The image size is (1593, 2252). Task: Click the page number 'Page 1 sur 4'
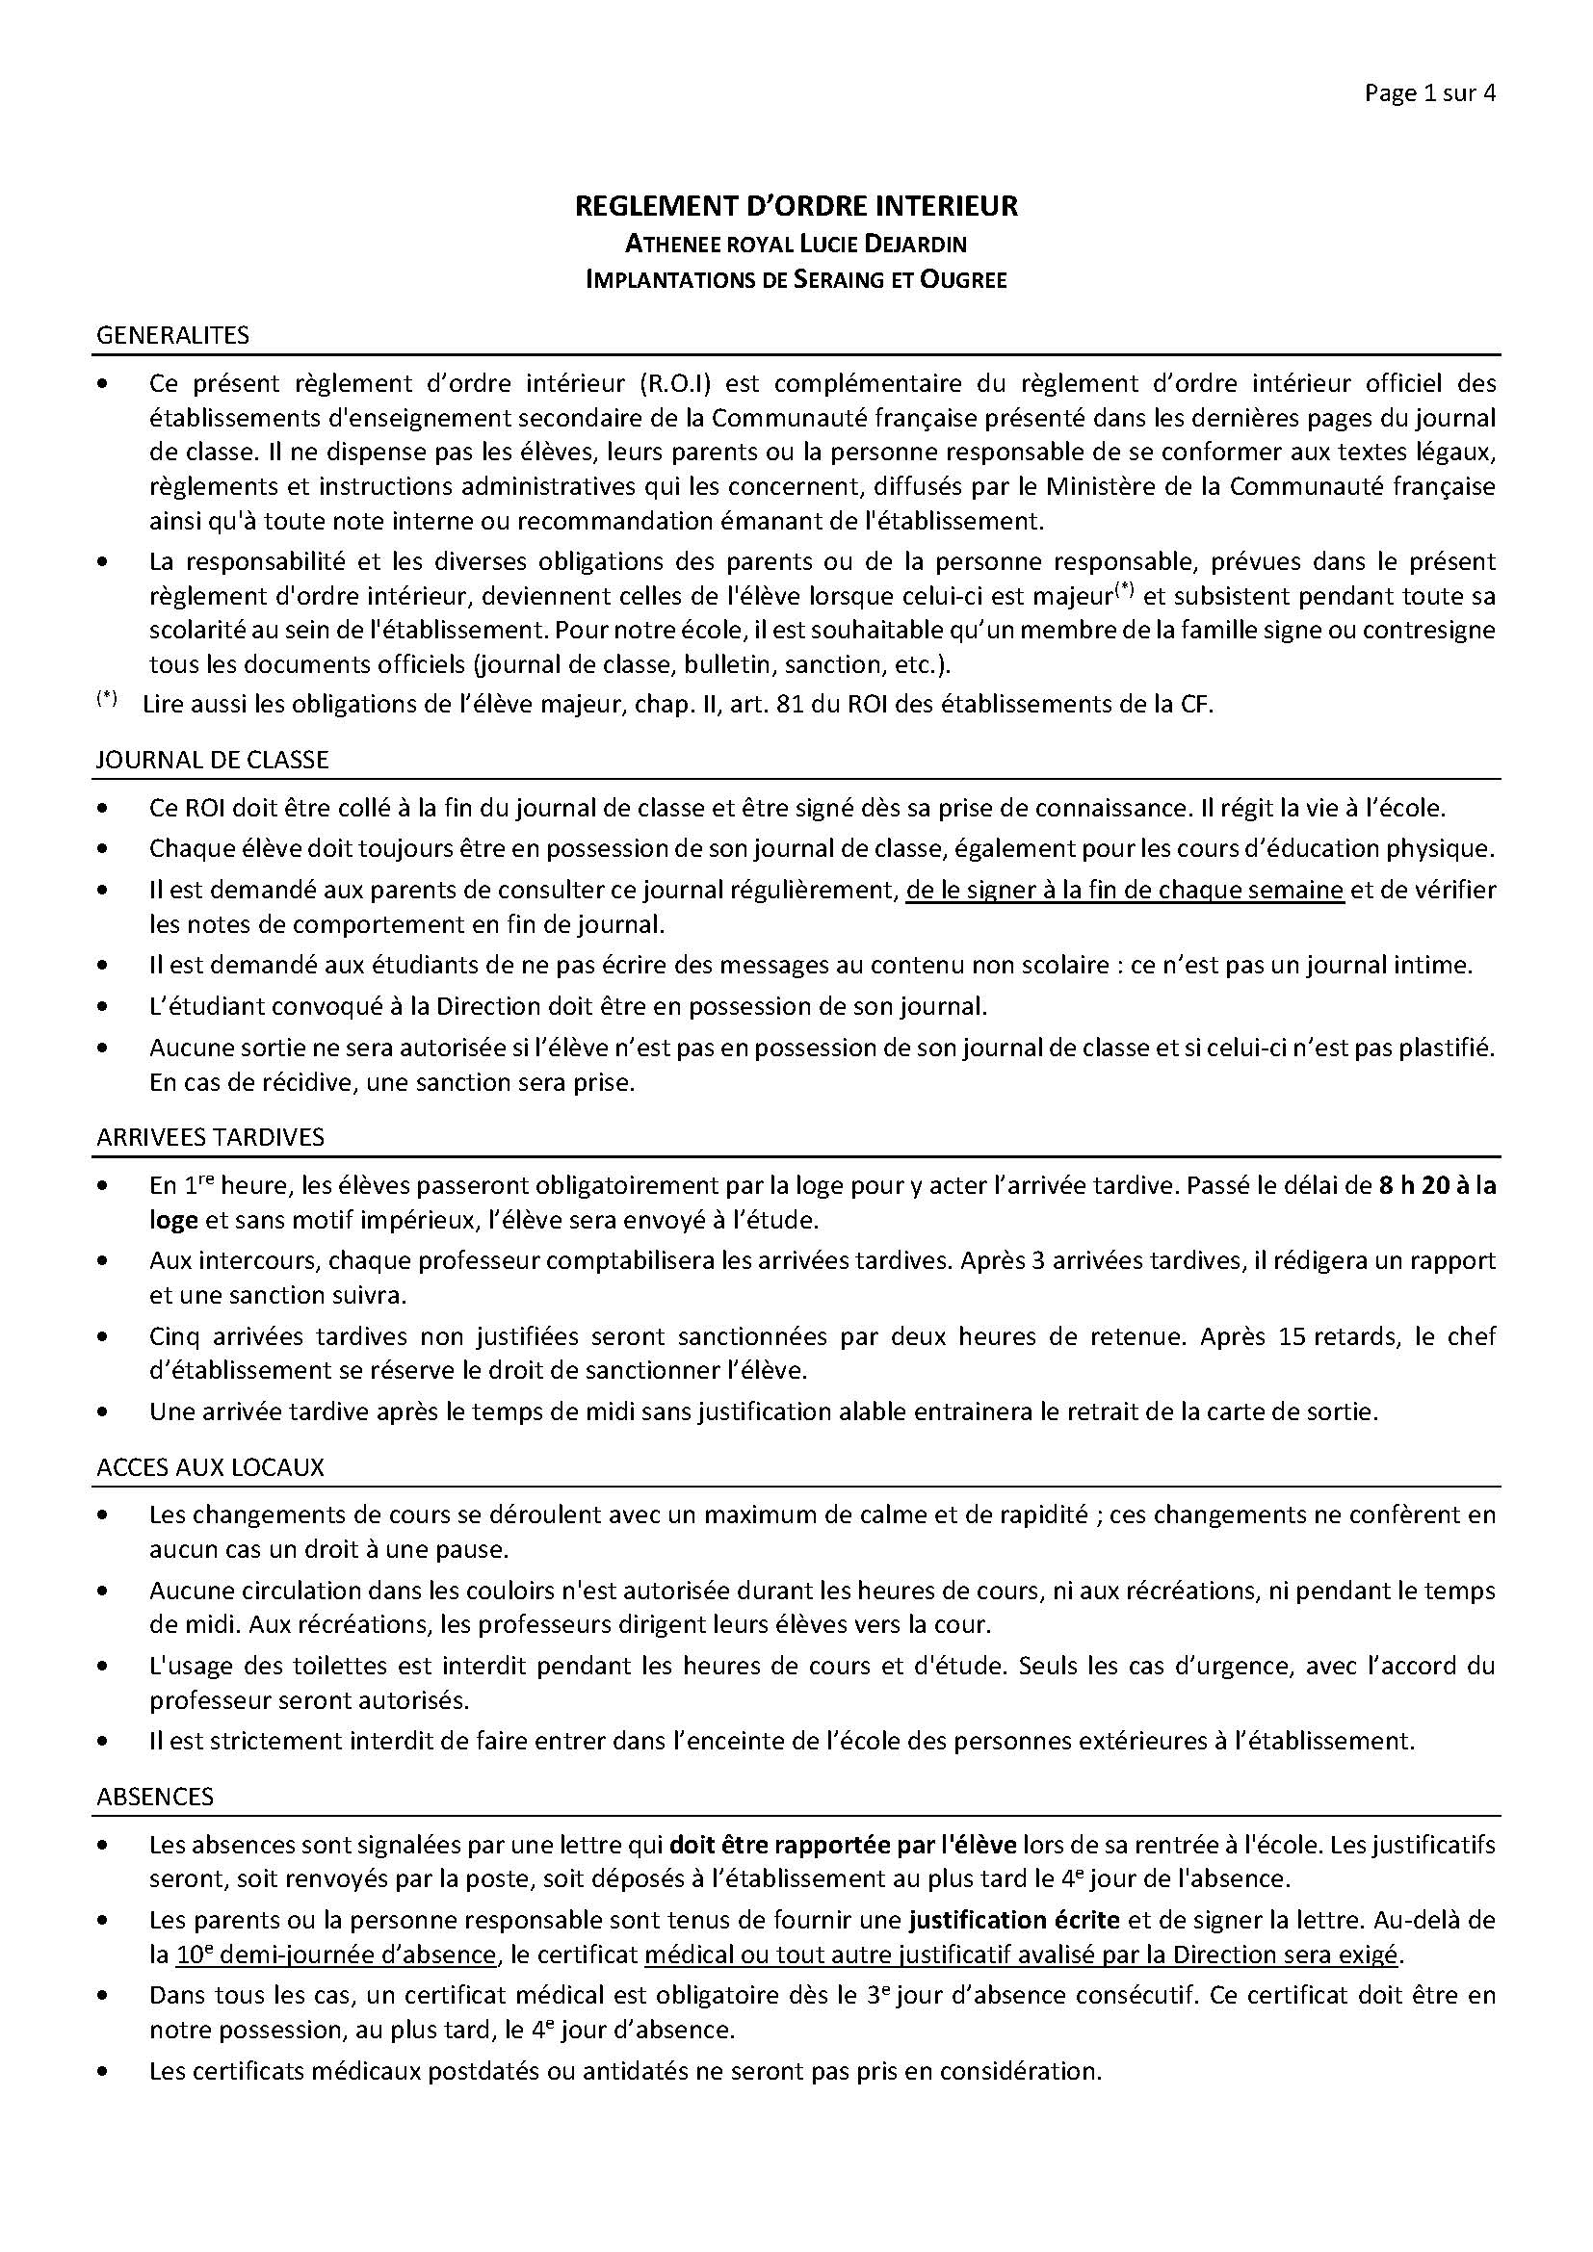click(1429, 94)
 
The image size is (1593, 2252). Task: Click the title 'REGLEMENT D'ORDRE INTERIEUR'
click(796, 206)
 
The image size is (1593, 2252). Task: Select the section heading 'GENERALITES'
click(172, 335)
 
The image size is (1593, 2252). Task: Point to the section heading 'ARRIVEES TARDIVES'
click(210, 1137)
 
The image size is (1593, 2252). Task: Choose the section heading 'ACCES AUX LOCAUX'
click(210, 1467)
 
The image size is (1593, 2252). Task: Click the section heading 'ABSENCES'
click(155, 1797)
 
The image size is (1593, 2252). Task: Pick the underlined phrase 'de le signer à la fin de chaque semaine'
click(1124, 890)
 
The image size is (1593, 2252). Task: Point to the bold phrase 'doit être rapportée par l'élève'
click(844, 1845)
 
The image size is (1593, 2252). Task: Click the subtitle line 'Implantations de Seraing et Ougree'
click(796, 279)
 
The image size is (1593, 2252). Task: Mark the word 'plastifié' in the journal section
click(1449, 1048)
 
